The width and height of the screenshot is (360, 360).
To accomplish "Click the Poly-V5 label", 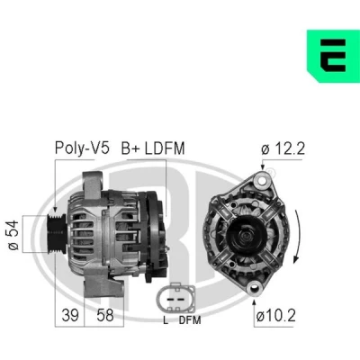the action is pos(82,148).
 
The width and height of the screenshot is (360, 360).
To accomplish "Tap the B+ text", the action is pos(130,148).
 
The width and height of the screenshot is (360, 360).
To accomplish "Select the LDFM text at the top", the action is pos(165,148).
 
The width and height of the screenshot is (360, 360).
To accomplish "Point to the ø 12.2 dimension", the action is pos(283,148).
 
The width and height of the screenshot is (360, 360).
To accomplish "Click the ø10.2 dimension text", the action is pos(276,315).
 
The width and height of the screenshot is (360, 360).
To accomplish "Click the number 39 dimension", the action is pos(70,315).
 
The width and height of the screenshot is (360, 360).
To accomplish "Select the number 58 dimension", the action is pos(105,315).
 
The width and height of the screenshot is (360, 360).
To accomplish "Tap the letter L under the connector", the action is pos(166,320).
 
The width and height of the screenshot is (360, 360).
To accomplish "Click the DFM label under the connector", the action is pos(190,320).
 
